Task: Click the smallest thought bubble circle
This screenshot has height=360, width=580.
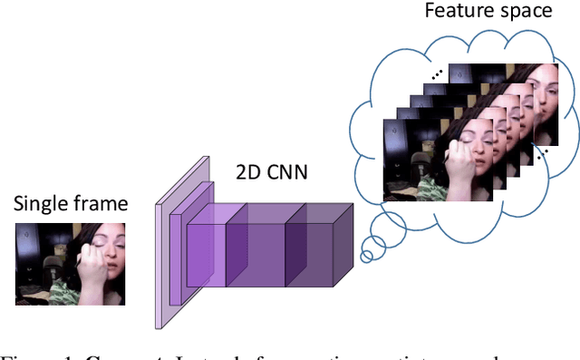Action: pyautogui.click(x=366, y=257)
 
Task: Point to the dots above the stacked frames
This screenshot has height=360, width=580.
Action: pyautogui.click(x=438, y=75)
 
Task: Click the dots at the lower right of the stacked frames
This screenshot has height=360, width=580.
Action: pyautogui.click(x=542, y=157)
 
